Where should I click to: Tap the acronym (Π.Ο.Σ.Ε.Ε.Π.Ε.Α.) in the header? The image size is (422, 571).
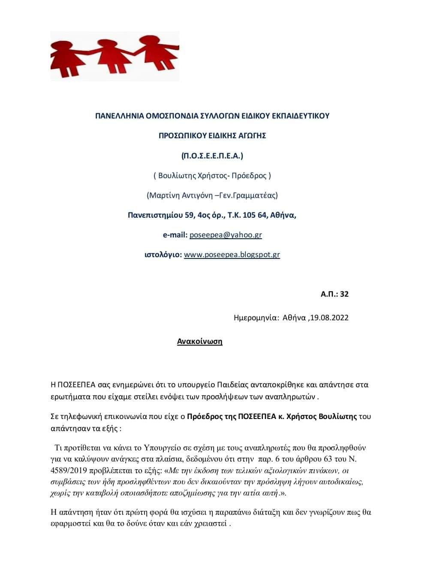click(212, 155)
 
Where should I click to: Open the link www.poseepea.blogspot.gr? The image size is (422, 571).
click(232, 255)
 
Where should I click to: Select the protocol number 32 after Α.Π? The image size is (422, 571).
click(344, 294)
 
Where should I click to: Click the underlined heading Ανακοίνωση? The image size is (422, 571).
click(200, 342)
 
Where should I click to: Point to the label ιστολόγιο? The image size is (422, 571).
click(163, 255)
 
